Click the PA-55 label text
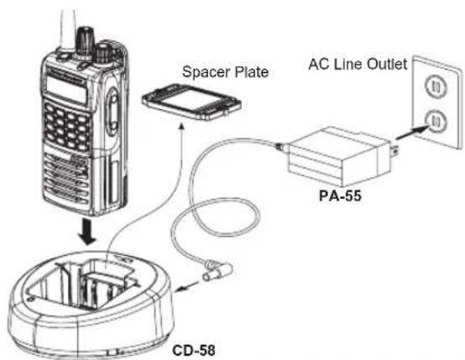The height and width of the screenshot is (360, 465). [x=340, y=196]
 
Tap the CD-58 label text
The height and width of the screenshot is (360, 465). [x=194, y=350]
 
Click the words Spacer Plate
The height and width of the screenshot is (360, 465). [x=226, y=72]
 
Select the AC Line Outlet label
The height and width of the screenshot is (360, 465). [x=358, y=64]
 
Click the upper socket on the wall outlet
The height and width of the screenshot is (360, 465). [x=436, y=86]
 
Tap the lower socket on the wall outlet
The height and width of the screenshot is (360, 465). [x=436, y=120]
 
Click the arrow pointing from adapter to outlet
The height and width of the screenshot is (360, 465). [x=412, y=133]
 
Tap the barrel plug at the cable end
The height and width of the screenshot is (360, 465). [x=217, y=271]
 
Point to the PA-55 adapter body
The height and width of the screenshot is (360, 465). [x=339, y=156]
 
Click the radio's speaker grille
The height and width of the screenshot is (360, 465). [x=67, y=178]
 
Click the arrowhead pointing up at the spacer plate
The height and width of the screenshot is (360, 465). [x=182, y=128]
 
